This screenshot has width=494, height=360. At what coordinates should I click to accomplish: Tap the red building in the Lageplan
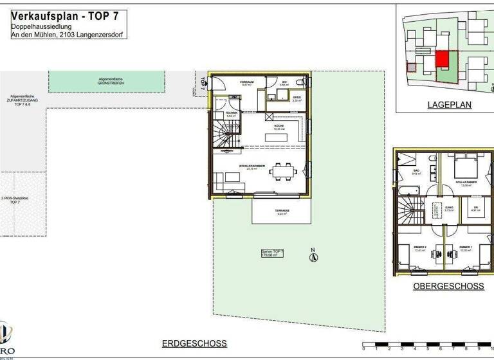442,59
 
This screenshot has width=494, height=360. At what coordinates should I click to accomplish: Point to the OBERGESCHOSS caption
448,286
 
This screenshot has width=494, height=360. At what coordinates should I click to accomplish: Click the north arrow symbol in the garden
313,256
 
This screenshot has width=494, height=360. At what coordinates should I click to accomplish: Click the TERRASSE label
283,212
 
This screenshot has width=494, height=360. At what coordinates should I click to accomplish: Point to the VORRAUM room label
247,83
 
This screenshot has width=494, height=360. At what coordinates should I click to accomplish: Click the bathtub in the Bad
408,191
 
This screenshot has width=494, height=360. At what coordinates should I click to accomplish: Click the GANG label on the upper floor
450,208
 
